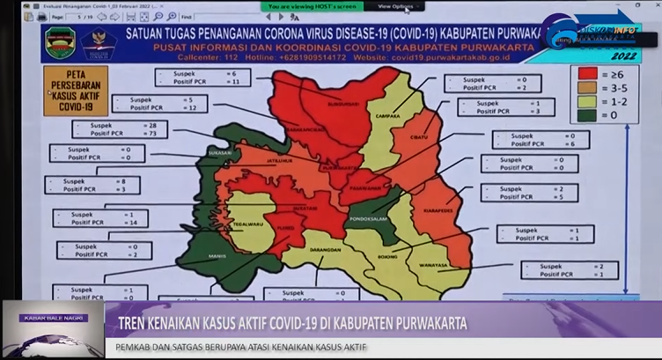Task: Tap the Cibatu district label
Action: (x=419, y=136)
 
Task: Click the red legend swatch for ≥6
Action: (x=585, y=74)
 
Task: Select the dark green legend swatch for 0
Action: (x=585, y=115)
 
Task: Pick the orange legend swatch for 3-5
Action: (x=585, y=88)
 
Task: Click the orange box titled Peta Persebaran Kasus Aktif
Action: (x=76, y=91)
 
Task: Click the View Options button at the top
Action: (x=394, y=6)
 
